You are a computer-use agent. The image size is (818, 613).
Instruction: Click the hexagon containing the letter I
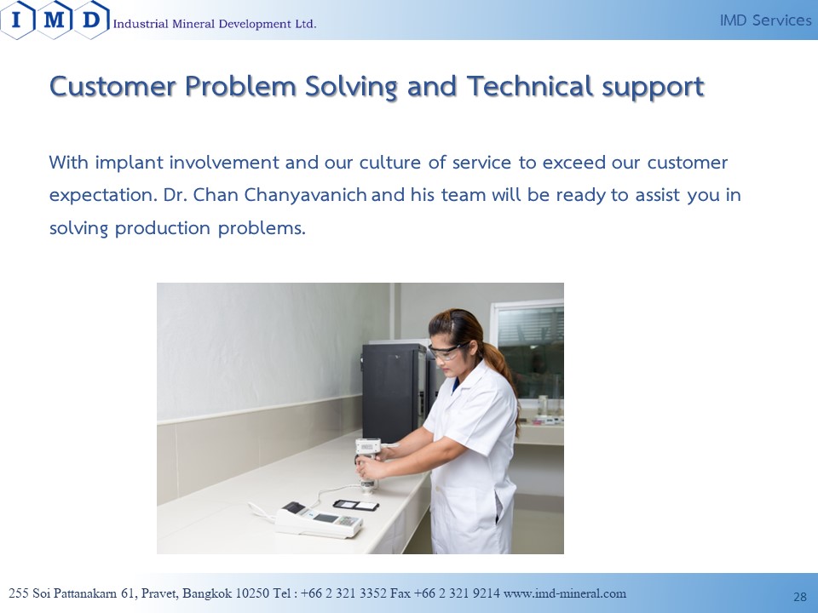(x=17, y=20)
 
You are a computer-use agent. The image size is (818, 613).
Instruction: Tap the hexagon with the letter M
(x=55, y=20)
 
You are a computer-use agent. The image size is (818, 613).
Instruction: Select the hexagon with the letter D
(x=91, y=20)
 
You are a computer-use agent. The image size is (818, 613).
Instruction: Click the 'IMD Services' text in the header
(x=765, y=20)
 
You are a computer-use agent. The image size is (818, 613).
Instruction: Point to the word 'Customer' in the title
(x=112, y=86)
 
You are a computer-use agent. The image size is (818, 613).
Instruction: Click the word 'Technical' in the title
(x=530, y=86)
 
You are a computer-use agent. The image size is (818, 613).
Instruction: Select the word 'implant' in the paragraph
(x=130, y=163)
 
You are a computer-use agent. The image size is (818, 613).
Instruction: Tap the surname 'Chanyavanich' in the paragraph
(x=306, y=195)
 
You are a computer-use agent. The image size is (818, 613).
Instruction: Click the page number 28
(x=800, y=597)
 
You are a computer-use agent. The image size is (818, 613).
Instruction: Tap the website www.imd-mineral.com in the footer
(x=564, y=593)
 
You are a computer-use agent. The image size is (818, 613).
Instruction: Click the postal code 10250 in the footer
(x=252, y=593)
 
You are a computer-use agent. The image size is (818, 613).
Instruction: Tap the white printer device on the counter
(x=319, y=519)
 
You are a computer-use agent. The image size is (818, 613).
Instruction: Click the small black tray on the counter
(x=356, y=505)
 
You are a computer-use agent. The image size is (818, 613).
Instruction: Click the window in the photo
(x=528, y=352)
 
